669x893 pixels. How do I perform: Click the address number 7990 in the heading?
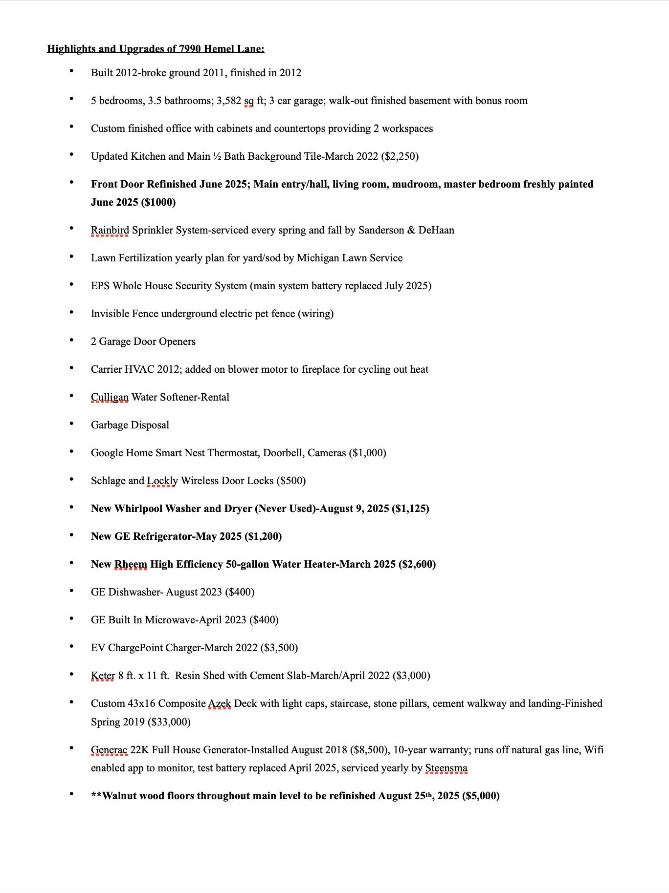click(190, 49)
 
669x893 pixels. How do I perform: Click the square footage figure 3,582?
click(229, 101)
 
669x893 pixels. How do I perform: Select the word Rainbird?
click(110, 230)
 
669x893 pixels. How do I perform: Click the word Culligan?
click(110, 397)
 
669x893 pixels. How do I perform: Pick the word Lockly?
click(162, 481)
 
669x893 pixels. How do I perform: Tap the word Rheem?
click(131, 564)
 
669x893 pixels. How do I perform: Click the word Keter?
click(103, 676)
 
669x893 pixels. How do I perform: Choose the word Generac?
click(109, 750)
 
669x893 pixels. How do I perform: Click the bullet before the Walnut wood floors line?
click(71, 794)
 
